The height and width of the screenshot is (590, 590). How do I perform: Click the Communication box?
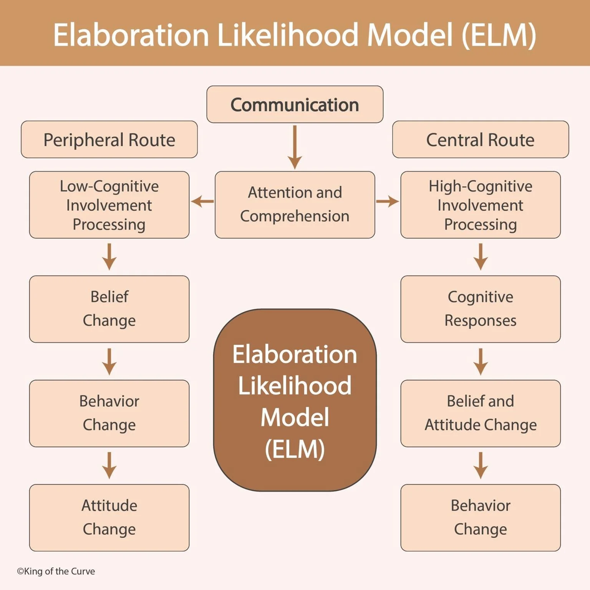pyautogui.click(x=295, y=104)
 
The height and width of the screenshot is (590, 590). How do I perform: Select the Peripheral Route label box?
pyautogui.click(x=109, y=140)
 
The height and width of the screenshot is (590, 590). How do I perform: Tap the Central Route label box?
pyautogui.click(x=480, y=140)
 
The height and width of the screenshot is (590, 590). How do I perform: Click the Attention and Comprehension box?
pyautogui.click(x=295, y=204)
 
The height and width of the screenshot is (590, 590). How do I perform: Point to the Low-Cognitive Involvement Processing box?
pyautogui.click(x=109, y=205)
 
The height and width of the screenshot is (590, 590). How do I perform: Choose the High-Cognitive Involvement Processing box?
pyautogui.click(x=480, y=205)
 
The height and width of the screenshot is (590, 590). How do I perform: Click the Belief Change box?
pyautogui.click(x=109, y=309)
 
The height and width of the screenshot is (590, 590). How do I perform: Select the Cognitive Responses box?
pyautogui.click(x=480, y=309)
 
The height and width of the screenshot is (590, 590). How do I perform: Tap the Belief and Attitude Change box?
pyautogui.click(x=480, y=413)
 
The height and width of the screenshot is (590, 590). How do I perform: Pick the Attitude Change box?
pyautogui.click(x=109, y=517)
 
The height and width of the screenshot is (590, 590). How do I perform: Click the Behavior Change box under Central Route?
pyautogui.click(x=480, y=517)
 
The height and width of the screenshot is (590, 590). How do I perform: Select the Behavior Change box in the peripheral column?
pyautogui.click(x=109, y=413)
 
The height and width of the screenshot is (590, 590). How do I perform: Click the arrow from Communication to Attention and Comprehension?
pyautogui.click(x=295, y=147)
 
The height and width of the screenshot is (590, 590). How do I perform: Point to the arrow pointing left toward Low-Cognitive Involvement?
pyautogui.click(x=202, y=201)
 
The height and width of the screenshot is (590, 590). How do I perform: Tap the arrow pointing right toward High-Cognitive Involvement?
pyautogui.click(x=388, y=201)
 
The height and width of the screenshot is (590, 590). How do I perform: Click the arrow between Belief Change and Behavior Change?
pyautogui.click(x=109, y=361)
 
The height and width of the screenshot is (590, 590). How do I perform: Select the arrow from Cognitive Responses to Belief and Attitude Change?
pyautogui.click(x=480, y=361)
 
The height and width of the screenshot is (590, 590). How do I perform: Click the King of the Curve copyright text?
pyautogui.click(x=56, y=571)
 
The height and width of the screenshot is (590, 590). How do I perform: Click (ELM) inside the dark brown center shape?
pyautogui.click(x=295, y=449)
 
